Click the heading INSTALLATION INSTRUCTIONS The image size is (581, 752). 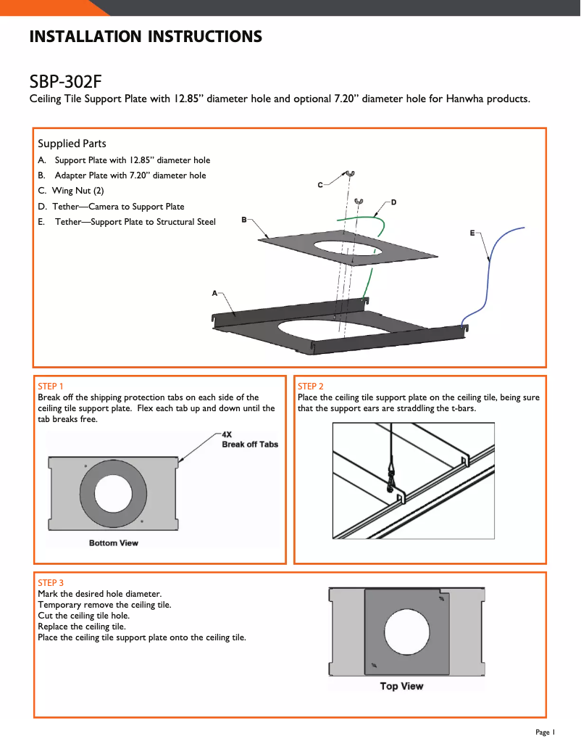pyautogui.click(x=146, y=37)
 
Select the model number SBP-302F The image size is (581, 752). pyautogui.click(x=70, y=80)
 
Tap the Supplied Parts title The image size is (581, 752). pyautogui.click(x=72, y=144)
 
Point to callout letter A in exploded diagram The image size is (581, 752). pyautogui.click(x=214, y=293)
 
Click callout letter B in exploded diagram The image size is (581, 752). pyautogui.click(x=244, y=219)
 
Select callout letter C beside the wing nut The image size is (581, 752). pyautogui.click(x=320, y=186)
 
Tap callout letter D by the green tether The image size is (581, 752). pyautogui.click(x=393, y=202)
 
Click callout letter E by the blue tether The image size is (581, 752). pyautogui.click(x=472, y=233)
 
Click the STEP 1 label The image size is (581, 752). pyautogui.click(x=50, y=387)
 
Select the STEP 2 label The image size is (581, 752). pyautogui.click(x=311, y=387)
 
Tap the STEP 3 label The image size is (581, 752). pyautogui.click(x=50, y=583)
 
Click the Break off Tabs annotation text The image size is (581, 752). pyautogui.click(x=249, y=445)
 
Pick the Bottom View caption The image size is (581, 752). pyautogui.click(x=114, y=543)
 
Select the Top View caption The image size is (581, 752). pyautogui.click(x=401, y=686)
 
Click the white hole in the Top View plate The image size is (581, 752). pyautogui.click(x=406, y=627)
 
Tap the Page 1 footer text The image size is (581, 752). pyautogui.click(x=545, y=732)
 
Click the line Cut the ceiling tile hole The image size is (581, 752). pyautogui.click(x=83, y=616)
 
